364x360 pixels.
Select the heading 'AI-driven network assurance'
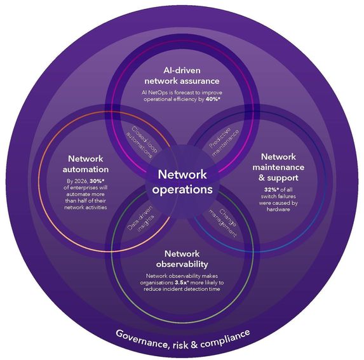click(x=182, y=75)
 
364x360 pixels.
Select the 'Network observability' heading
click(x=182, y=258)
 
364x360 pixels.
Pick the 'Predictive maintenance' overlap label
click(x=218, y=135)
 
